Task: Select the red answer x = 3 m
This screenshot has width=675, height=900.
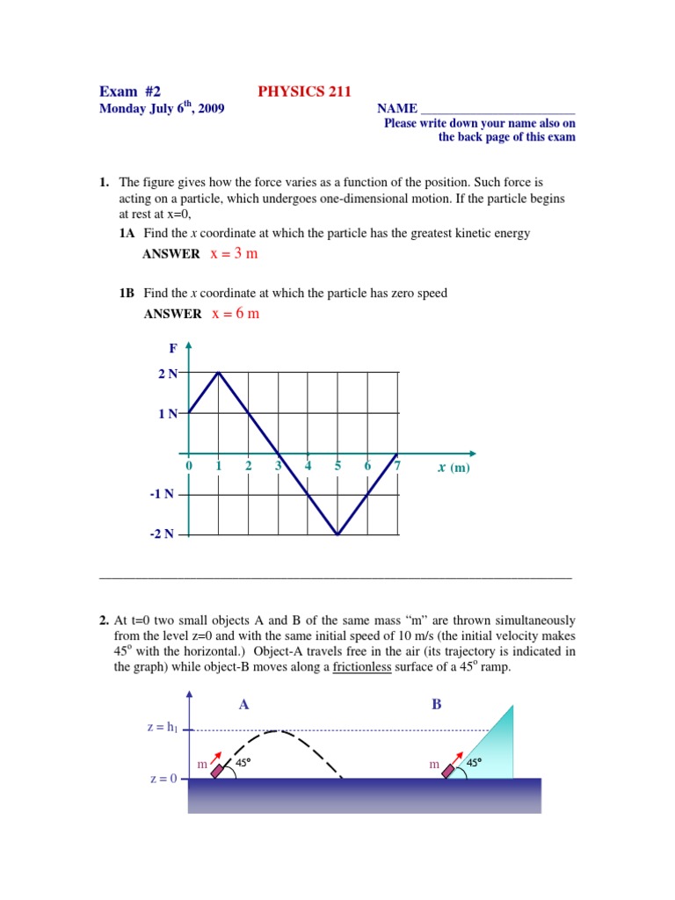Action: click(235, 254)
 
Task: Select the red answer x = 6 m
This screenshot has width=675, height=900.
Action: click(236, 314)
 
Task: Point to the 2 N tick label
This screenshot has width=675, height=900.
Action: click(167, 374)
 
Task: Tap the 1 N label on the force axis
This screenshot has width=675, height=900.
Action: click(167, 413)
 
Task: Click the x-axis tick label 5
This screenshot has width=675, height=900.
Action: click(337, 467)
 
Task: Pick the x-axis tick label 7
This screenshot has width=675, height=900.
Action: click(397, 467)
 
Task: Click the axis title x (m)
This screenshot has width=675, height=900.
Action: click(454, 468)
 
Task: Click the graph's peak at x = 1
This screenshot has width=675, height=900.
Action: click(219, 373)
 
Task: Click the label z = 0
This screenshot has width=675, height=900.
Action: click(161, 779)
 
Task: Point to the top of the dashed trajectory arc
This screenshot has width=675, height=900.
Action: click(279, 730)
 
